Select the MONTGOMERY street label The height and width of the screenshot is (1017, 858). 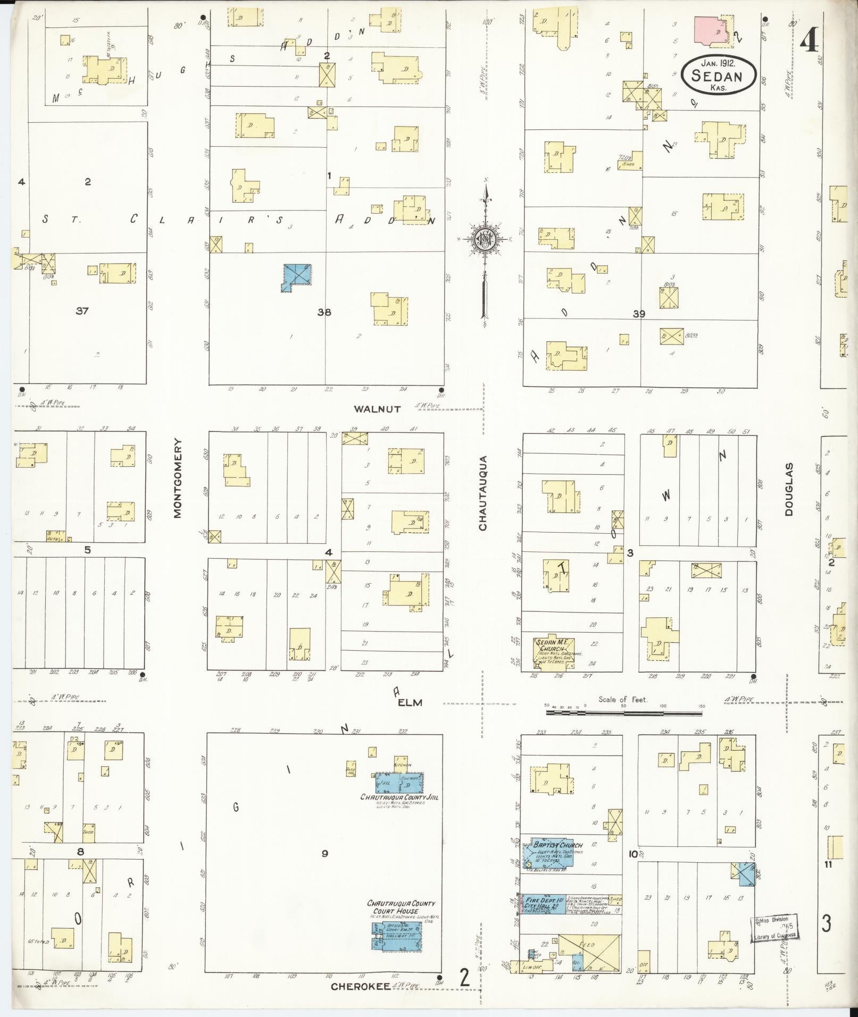[x=178, y=478]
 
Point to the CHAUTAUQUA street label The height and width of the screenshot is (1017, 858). [x=483, y=493]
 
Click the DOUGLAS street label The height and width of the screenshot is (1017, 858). [x=789, y=490]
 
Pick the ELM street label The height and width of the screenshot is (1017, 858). [x=410, y=702]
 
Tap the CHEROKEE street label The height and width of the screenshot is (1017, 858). [x=359, y=986]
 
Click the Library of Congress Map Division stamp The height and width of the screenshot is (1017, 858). [x=776, y=929]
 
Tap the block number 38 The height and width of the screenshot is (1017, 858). [x=324, y=312]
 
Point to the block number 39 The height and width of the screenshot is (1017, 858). [x=639, y=314]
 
